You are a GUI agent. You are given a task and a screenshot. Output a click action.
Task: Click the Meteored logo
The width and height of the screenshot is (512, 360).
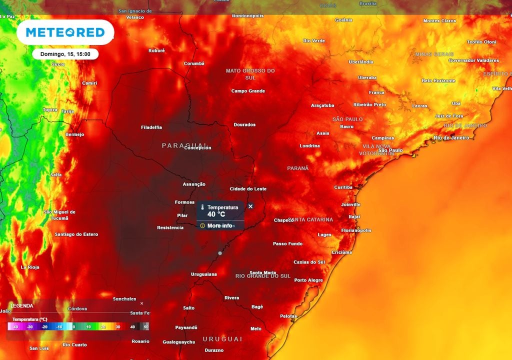[x=65, y=32]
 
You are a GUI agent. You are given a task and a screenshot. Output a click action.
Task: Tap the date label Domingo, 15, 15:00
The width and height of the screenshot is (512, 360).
[x=65, y=54]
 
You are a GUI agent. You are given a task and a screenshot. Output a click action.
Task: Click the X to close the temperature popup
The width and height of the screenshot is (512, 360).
[x=250, y=206]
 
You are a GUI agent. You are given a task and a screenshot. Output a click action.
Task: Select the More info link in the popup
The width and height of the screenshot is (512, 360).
[x=219, y=225]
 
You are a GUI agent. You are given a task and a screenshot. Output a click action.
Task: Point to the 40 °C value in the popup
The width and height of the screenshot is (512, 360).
[x=216, y=214]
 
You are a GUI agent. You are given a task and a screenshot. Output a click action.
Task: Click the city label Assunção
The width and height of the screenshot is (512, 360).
[x=194, y=184]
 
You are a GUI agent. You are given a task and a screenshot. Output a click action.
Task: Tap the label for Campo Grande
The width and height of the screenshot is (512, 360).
[x=248, y=91]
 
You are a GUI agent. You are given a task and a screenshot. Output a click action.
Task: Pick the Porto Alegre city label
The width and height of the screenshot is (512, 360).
[x=308, y=280]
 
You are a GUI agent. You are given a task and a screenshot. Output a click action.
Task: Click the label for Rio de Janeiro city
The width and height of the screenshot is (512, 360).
[x=452, y=137]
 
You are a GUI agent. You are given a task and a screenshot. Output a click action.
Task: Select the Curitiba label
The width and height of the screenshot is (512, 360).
[x=343, y=187]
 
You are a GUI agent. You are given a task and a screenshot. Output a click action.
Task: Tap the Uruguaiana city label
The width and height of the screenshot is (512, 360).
[x=204, y=274]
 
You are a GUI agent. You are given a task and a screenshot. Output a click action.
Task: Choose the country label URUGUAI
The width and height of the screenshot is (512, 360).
[x=222, y=339]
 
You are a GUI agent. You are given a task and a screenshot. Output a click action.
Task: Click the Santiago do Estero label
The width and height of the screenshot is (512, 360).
[x=76, y=234]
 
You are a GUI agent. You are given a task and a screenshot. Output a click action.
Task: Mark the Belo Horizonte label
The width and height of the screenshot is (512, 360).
[x=438, y=80]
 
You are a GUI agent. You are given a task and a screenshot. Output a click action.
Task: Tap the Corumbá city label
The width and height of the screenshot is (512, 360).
[x=194, y=63]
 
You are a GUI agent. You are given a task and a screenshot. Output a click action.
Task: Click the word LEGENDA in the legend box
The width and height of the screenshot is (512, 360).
[x=22, y=305]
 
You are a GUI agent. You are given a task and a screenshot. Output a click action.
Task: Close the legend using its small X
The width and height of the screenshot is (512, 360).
[x=141, y=303]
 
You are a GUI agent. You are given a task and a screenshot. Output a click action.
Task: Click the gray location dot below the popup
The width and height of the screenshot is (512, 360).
[x=220, y=253]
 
